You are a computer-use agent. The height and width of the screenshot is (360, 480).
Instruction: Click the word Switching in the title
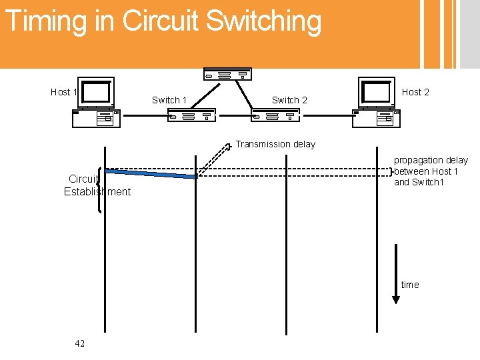[x=263, y=21]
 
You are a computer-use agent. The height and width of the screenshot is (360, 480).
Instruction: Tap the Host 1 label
[x=64, y=92]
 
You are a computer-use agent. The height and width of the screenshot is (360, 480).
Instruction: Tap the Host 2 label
[x=415, y=92]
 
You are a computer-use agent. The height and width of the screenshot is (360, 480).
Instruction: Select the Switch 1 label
[x=169, y=100]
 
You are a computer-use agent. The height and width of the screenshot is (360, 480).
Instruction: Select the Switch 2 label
[x=289, y=100]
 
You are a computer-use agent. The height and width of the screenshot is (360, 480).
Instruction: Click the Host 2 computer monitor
[x=376, y=92]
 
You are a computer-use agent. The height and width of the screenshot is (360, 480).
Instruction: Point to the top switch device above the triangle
[x=227, y=74]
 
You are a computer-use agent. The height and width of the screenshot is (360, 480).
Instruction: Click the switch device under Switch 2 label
[x=273, y=116]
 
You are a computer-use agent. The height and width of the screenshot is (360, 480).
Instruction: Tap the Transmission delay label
[x=275, y=144]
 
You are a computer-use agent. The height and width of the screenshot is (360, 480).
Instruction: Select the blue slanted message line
[x=151, y=174]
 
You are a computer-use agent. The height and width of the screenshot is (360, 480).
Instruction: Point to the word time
[x=410, y=285]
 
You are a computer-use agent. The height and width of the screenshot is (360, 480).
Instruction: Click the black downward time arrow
[x=396, y=273]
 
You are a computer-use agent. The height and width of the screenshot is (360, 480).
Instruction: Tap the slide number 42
[x=80, y=343]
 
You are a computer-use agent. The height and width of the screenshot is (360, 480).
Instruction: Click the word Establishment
[x=97, y=192]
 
